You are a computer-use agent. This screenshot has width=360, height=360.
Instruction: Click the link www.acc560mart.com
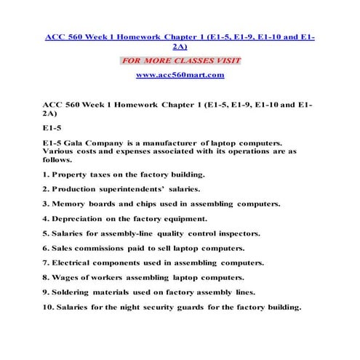180,75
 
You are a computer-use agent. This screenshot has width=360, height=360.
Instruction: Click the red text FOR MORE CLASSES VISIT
180,60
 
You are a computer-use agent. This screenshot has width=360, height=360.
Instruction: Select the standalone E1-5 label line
52,126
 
